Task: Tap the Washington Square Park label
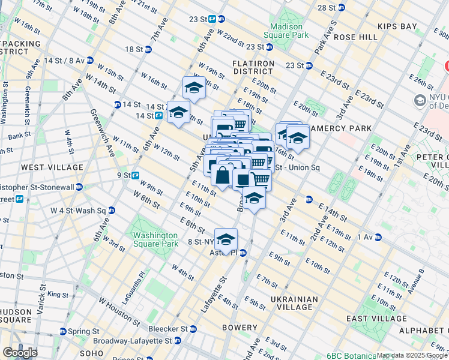[155, 240]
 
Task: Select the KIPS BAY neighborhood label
[401, 26]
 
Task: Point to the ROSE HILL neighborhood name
[355, 37]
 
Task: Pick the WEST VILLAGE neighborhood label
[52, 167]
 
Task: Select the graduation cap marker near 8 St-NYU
[226, 239]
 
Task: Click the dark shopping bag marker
[222, 176]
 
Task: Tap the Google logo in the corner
[19, 353]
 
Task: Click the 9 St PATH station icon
[136, 175]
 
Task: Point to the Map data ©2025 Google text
[412, 355]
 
